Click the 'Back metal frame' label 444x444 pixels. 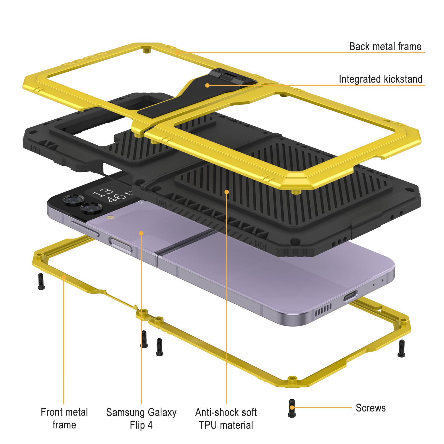[x=385, y=46]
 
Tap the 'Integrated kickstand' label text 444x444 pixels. [x=380, y=79]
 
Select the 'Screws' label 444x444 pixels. [x=371, y=408]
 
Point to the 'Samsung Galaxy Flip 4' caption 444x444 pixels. [x=141, y=419]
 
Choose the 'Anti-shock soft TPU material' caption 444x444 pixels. [x=226, y=419]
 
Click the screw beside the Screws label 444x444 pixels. [x=292, y=408]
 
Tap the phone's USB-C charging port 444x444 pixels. [x=350, y=296]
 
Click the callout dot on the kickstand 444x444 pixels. [x=207, y=85]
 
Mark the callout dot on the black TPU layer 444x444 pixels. [x=227, y=192]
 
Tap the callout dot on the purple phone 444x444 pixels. [x=141, y=234]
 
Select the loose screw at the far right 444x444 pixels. [x=401, y=348]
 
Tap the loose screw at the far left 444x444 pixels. [x=41, y=281]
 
